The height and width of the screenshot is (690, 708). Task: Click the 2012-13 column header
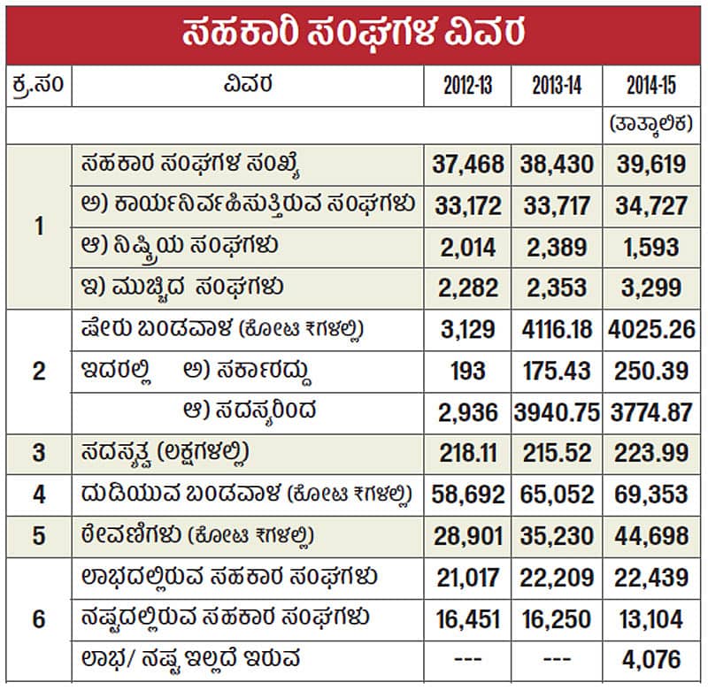[x=468, y=87]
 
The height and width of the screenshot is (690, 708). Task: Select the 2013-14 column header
[x=555, y=87]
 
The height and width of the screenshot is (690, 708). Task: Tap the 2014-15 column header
[x=650, y=87]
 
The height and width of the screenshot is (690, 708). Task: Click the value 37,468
[x=468, y=165]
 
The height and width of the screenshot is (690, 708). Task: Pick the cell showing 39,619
[x=650, y=165]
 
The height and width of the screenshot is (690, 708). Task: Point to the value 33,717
[x=555, y=206]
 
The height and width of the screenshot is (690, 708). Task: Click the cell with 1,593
[x=650, y=247]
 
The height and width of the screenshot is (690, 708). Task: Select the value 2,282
[x=468, y=287]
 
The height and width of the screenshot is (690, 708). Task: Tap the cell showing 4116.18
[x=555, y=330]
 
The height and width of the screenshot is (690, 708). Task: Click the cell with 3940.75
[x=555, y=411]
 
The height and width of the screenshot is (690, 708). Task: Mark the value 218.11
[x=468, y=454]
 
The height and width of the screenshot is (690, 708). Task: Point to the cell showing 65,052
[x=555, y=494]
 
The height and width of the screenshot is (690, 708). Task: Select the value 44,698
[x=650, y=536]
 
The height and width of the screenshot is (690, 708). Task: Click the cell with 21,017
[x=468, y=578]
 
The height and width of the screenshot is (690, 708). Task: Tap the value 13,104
[x=650, y=618]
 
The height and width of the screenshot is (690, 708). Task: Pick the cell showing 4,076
[x=650, y=659]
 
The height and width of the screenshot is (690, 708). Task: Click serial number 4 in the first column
[x=38, y=494]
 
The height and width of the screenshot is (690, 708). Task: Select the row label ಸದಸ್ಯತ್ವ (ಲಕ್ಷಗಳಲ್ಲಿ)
[x=164, y=454]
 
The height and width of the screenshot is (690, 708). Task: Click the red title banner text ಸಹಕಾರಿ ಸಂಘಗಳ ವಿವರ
[x=354, y=33]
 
